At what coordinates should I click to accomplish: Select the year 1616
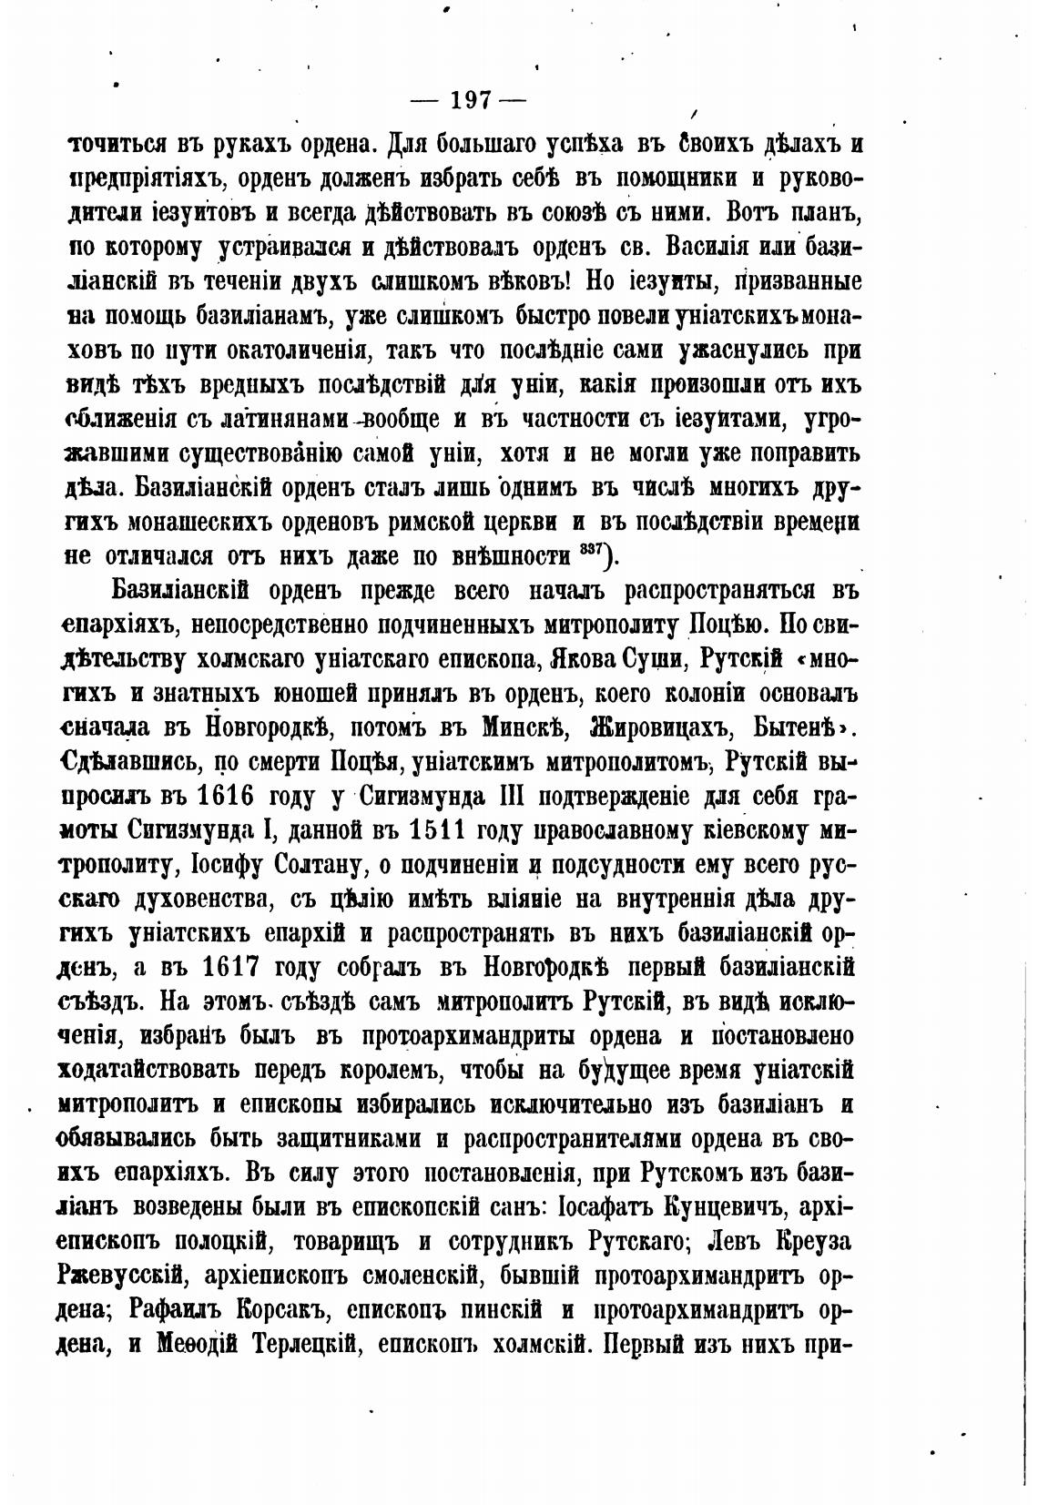click(218, 797)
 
